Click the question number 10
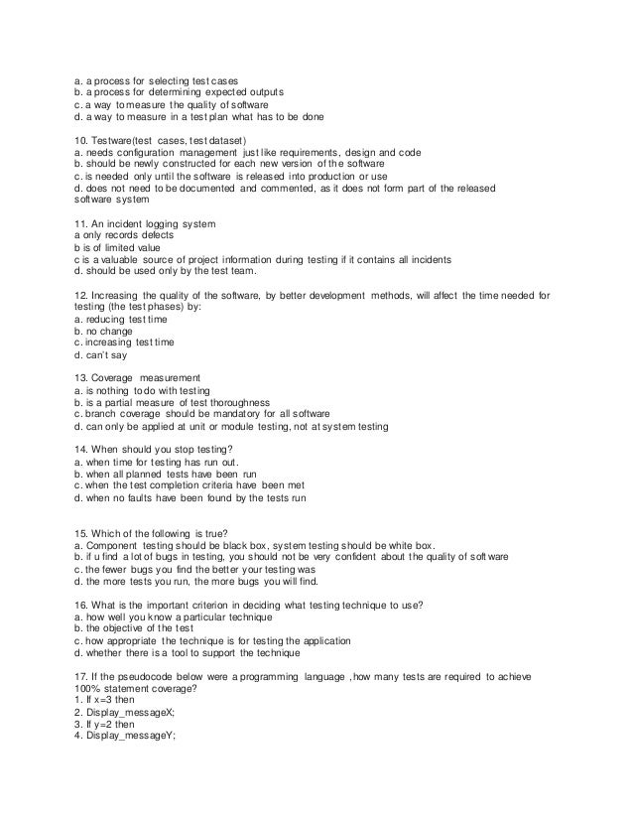[81, 140]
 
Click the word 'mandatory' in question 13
[239, 414]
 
